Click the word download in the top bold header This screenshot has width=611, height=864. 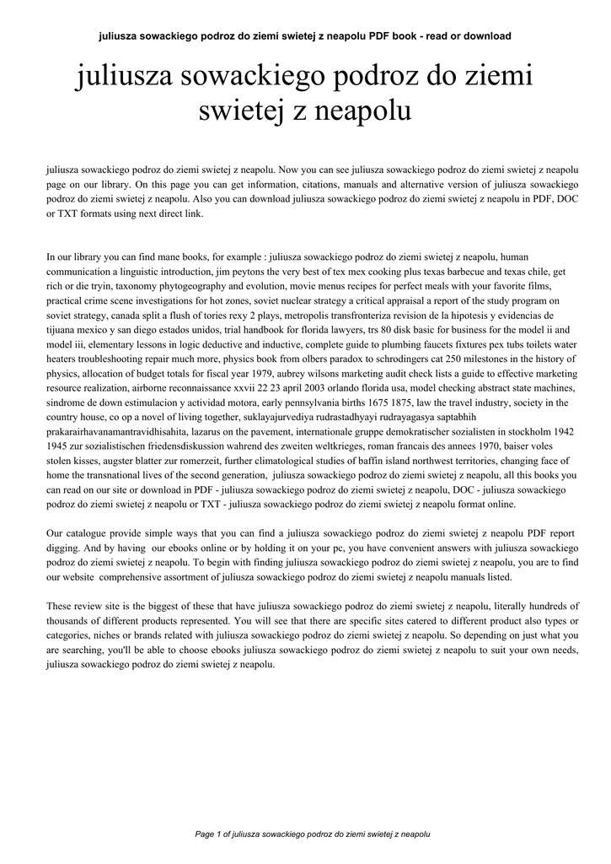coord(485,36)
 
